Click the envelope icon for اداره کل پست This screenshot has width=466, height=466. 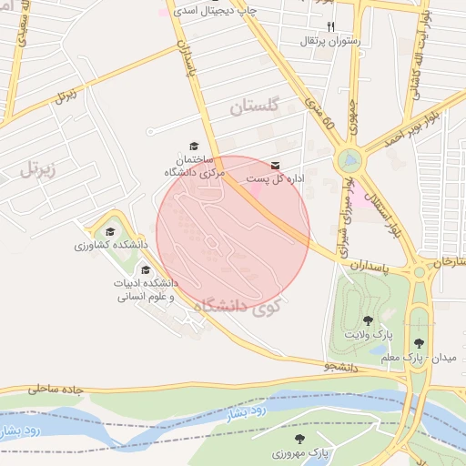276,165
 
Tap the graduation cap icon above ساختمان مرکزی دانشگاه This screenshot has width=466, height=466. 193,146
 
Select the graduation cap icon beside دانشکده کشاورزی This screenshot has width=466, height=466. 111,232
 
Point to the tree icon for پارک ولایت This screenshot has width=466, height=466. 368,320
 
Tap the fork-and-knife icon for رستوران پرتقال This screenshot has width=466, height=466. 330,26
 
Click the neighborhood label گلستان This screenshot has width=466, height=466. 251,107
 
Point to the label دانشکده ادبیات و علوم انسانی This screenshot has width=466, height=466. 145,290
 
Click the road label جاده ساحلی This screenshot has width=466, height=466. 56,389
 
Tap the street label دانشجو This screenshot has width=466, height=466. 339,366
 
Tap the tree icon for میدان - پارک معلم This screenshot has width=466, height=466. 418,343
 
